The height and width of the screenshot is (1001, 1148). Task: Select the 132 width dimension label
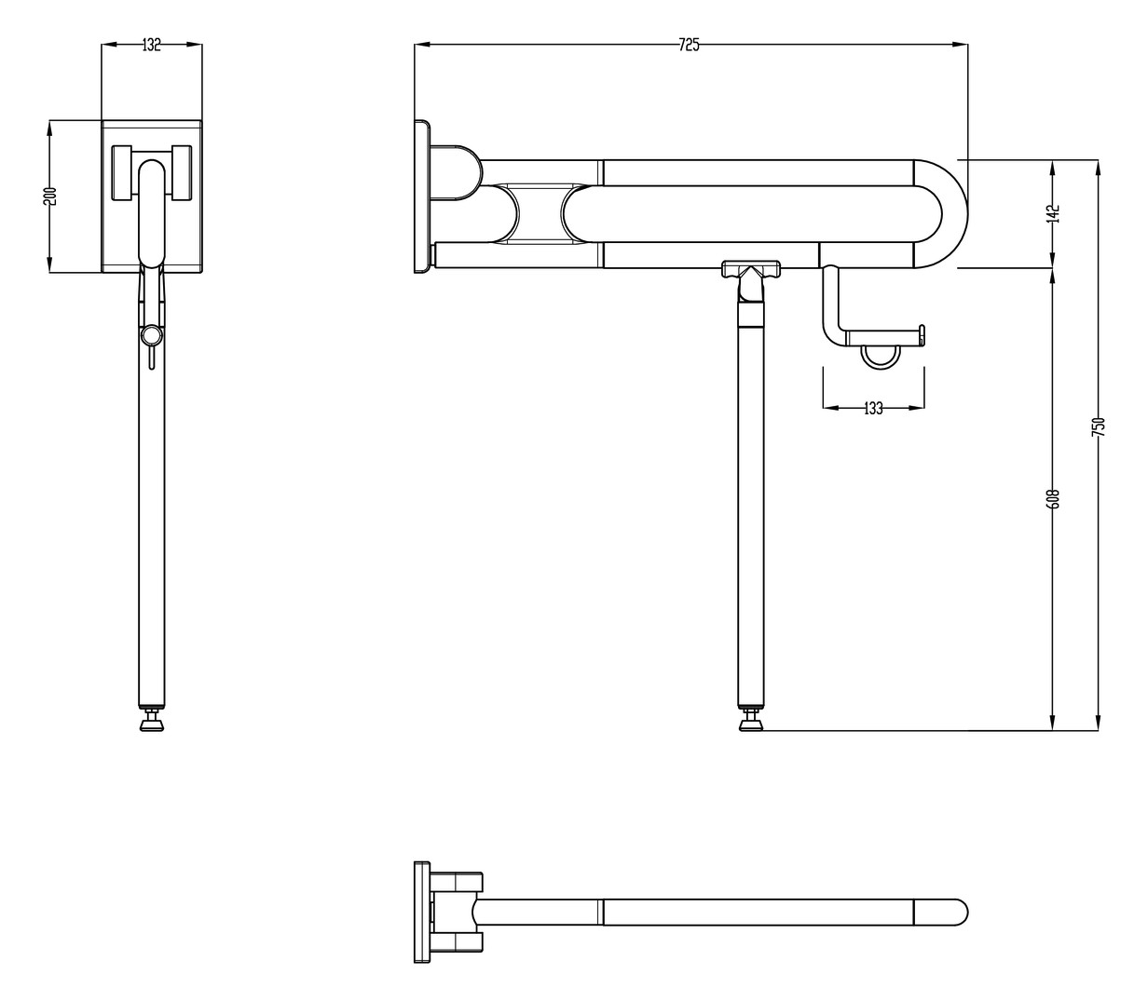(152, 45)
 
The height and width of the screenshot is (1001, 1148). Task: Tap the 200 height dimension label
(51, 196)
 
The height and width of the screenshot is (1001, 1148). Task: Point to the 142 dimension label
(1054, 213)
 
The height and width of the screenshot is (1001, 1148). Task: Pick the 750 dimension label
(1099, 426)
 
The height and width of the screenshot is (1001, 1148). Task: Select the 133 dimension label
(873, 408)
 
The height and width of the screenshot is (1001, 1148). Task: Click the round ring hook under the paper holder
(878, 356)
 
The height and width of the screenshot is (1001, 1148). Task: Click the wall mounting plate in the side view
(421, 196)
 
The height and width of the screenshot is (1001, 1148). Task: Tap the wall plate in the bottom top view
(421, 912)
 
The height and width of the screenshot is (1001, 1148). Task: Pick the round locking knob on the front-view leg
(151, 335)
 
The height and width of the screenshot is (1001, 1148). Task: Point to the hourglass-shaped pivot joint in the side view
(537, 213)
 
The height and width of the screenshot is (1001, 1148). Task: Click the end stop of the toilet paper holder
(922, 333)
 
